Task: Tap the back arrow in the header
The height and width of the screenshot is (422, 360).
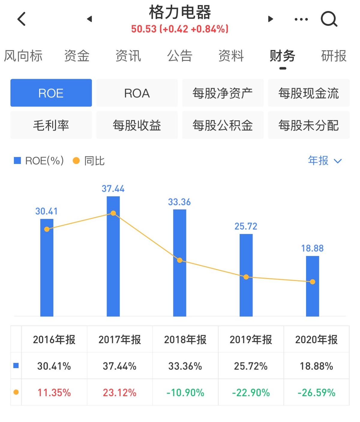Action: [22, 19]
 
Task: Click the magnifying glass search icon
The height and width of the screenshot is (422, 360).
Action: [329, 19]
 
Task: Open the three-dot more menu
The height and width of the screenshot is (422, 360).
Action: [301, 19]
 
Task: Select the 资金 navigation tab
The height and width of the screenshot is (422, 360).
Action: [77, 56]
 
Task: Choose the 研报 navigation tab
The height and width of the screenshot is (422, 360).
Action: [334, 56]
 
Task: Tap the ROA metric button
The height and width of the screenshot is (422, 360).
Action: [137, 93]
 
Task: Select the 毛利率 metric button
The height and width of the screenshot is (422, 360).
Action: [51, 125]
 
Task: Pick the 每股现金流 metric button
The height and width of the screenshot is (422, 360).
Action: [308, 93]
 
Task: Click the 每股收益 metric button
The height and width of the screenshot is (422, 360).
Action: [137, 125]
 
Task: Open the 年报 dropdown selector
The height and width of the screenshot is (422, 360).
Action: [325, 161]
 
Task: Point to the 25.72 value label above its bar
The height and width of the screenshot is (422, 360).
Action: [246, 226]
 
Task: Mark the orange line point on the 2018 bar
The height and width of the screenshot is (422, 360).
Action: [180, 260]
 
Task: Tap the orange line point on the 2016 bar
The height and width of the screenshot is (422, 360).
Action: [47, 229]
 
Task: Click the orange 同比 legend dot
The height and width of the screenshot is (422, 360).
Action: [76, 161]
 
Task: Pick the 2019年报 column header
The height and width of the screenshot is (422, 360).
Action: [251, 340]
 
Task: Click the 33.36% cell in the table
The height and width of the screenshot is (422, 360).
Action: [185, 366]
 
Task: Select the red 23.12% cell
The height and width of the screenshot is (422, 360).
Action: [119, 392]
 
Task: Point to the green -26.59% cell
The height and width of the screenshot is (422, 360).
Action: [316, 392]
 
